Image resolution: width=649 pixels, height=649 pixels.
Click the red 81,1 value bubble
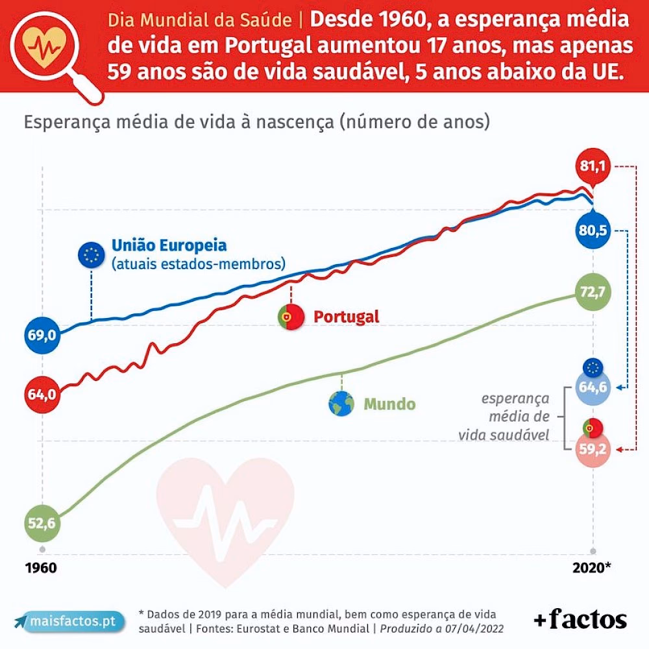pos(592,167)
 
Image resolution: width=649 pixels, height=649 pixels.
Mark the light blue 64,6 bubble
pos(592,387)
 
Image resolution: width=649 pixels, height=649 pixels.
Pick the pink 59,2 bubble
pos(592,450)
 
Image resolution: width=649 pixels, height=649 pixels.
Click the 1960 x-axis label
pos(41,568)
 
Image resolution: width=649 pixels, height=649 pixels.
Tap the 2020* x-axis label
pos(591,568)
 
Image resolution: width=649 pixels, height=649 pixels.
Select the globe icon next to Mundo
pos(341,404)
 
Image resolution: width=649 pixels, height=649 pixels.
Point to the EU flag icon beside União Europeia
pos(90,255)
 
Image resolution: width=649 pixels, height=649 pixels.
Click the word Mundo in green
pos(389,404)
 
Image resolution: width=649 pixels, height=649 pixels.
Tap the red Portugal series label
pos(346,317)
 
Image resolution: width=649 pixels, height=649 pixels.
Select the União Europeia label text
pos(169,246)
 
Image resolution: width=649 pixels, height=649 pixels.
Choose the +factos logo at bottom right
pos(580,620)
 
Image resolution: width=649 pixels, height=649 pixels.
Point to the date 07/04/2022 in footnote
pos(473,629)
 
